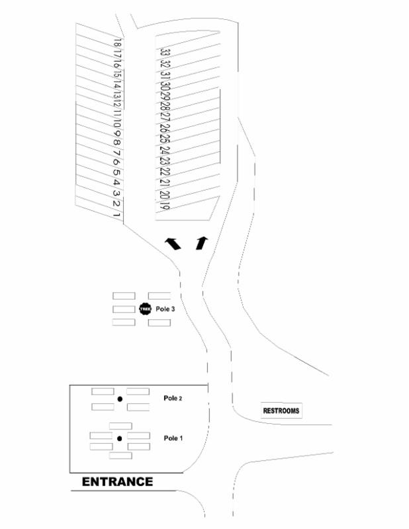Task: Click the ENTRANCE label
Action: (x=117, y=482)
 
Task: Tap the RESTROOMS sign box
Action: (x=281, y=411)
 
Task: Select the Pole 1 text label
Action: (x=173, y=438)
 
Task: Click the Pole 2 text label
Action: (x=173, y=398)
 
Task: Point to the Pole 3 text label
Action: (x=165, y=309)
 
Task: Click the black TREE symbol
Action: (x=146, y=309)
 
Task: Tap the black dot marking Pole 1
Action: (x=120, y=438)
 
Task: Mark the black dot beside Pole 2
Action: (x=120, y=399)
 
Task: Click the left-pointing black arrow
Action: (x=173, y=243)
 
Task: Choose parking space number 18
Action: (x=116, y=42)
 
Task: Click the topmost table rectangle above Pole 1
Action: (x=120, y=425)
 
